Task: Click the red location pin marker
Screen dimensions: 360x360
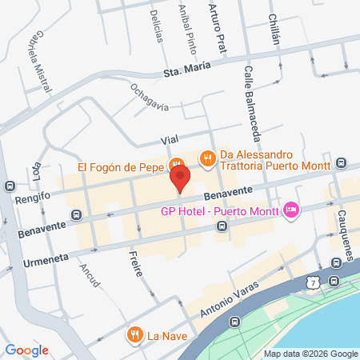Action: [x=180, y=178]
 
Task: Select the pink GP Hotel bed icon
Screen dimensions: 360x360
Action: [x=291, y=210]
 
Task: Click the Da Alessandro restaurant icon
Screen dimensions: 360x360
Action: [x=207, y=158]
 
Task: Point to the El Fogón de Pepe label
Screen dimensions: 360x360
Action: [x=120, y=168]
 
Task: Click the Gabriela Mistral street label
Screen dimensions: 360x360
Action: [x=39, y=57]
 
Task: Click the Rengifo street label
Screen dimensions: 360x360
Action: [x=34, y=197]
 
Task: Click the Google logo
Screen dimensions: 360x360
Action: [x=26, y=350]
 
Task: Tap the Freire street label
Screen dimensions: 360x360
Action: [x=134, y=263]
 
